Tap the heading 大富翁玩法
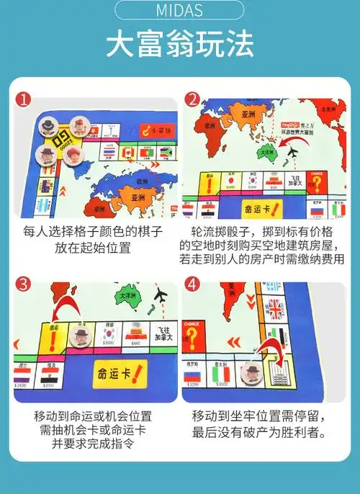pyautogui.click(x=180, y=44)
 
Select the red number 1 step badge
pyautogui.click(x=24, y=101)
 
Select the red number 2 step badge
pyautogui.click(x=192, y=101)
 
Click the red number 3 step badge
pyautogui.click(x=24, y=284)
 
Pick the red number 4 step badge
pyautogui.click(x=192, y=284)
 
